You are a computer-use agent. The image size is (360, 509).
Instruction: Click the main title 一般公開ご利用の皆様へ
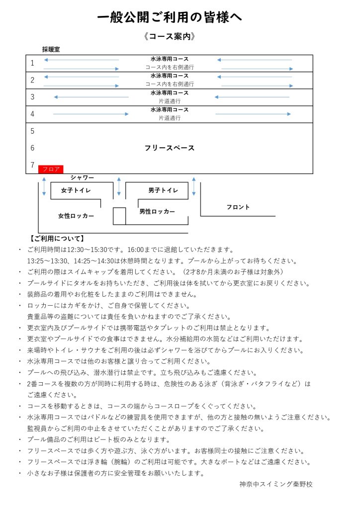(x=169, y=18)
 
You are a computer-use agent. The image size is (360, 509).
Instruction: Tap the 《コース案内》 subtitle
(x=169, y=36)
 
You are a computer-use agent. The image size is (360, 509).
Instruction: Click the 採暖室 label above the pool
(x=51, y=49)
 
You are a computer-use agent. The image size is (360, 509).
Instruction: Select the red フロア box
(x=51, y=169)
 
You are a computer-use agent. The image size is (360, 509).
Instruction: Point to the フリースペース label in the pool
(x=169, y=148)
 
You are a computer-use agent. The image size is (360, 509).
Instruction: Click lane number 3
(x=33, y=97)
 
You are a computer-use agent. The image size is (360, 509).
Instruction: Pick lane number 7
(x=33, y=165)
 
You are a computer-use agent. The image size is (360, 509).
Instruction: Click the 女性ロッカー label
(x=76, y=216)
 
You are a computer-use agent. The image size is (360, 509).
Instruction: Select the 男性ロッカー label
(x=157, y=211)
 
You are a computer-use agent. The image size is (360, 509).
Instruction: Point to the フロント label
(x=238, y=207)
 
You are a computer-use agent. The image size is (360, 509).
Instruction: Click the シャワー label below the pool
(x=82, y=177)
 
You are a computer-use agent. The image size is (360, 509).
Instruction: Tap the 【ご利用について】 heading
(x=57, y=239)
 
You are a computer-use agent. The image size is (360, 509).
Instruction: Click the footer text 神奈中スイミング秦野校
(x=275, y=484)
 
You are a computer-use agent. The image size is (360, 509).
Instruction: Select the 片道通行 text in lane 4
(x=170, y=118)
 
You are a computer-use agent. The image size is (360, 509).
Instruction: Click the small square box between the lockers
(x=119, y=216)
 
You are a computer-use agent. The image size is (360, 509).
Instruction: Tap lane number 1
(x=33, y=63)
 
